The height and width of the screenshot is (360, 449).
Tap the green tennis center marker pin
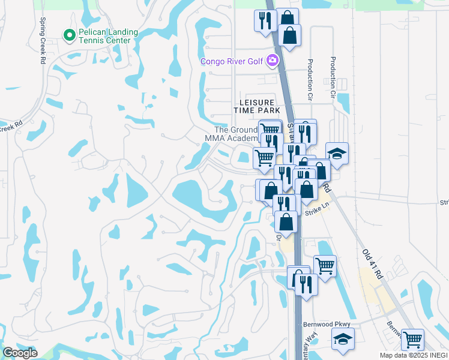click(69, 36)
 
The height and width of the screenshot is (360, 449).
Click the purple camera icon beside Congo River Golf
click(273, 60)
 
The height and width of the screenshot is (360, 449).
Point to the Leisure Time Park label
click(257, 107)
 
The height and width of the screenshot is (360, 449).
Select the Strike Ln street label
click(318, 208)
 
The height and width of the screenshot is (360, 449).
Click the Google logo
click(20, 353)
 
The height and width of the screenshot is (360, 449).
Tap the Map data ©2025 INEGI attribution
click(414, 355)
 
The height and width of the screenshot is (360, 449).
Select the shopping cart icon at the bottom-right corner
click(412, 340)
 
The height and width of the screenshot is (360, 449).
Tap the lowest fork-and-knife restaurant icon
click(306, 283)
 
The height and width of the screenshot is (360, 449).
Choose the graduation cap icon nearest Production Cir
click(337, 154)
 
